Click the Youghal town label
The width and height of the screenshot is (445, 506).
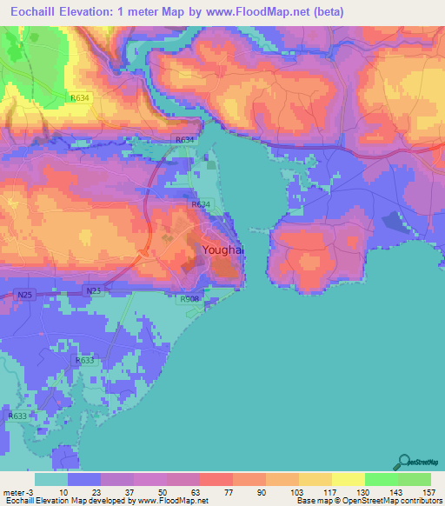tap(222, 250)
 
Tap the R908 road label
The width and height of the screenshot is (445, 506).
tap(190, 299)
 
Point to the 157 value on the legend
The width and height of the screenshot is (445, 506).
tap(428, 492)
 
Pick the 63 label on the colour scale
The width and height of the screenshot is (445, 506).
tap(198, 492)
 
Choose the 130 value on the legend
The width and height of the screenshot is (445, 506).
tap(362, 492)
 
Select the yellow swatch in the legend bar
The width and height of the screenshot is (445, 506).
tap(348, 479)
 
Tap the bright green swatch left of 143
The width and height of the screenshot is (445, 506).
tap(381, 479)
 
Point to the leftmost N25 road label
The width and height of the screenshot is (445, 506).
tap(25, 296)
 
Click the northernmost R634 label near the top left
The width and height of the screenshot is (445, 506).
tap(80, 98)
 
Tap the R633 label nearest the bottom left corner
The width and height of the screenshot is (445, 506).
tap(17, 416)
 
